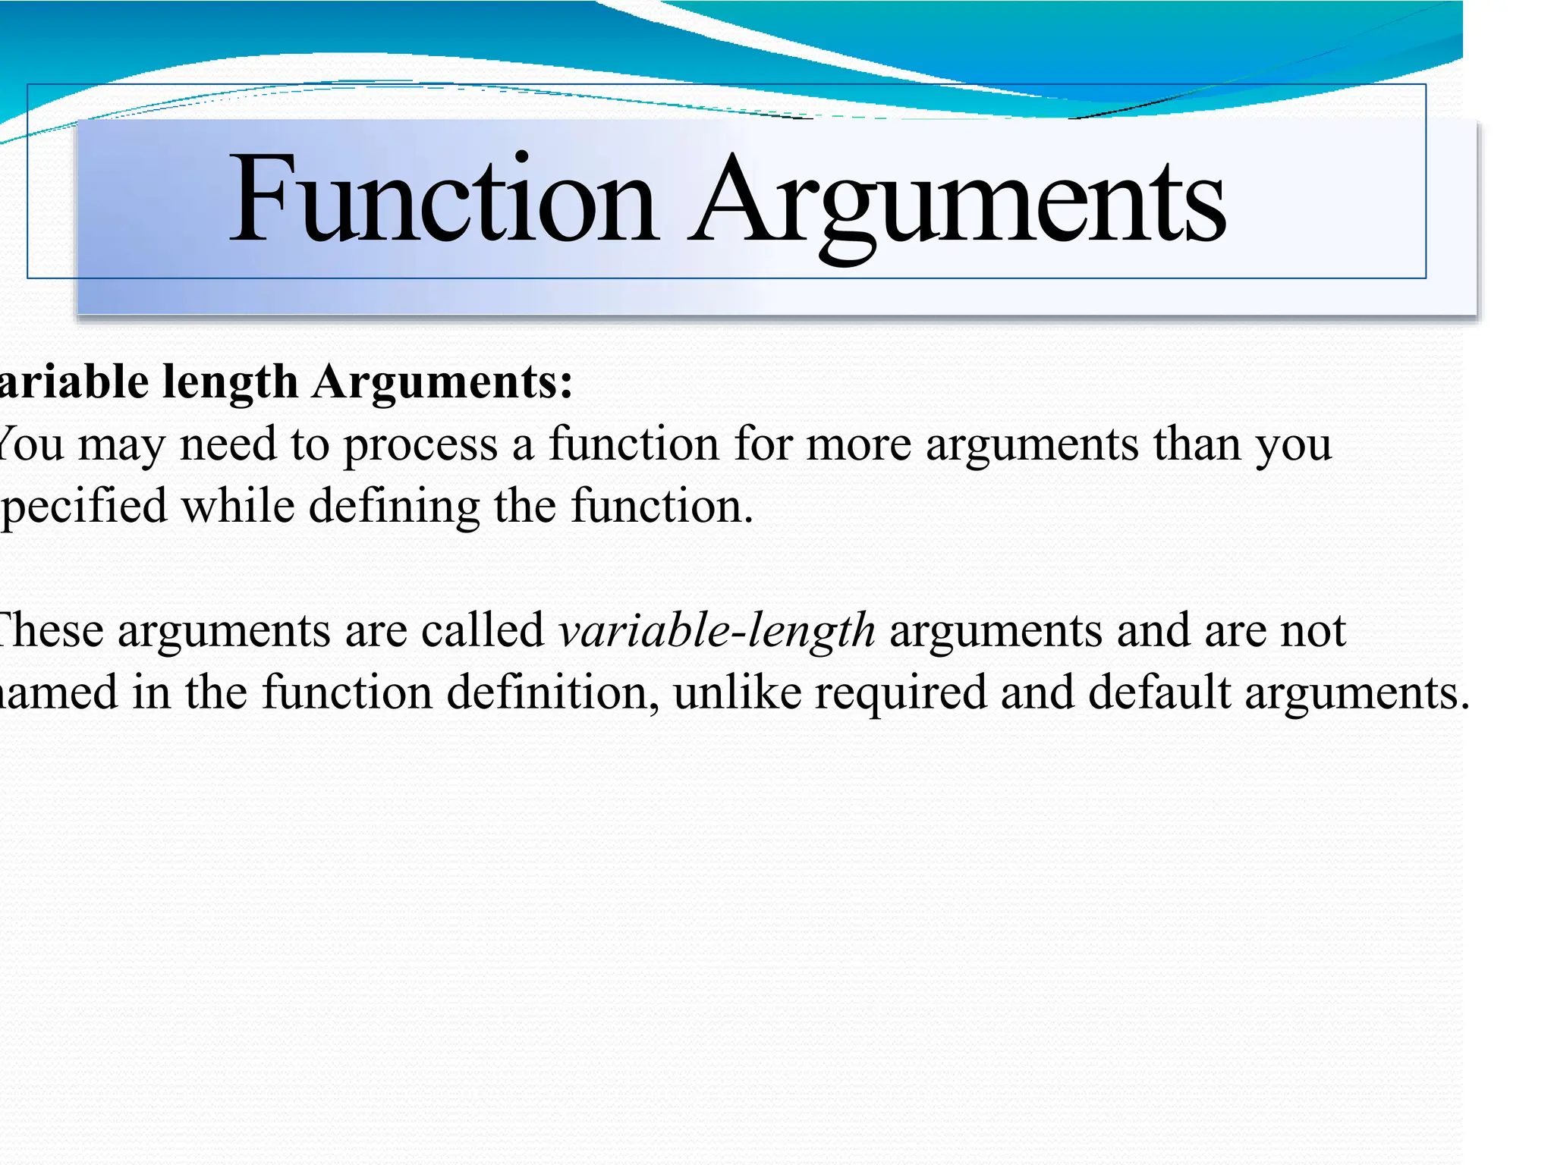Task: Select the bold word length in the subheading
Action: (230, 381)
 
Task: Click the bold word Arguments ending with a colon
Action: (442, 381)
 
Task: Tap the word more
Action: (858, 444)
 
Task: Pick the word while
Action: (238, 506)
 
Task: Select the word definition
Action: (552, 692)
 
